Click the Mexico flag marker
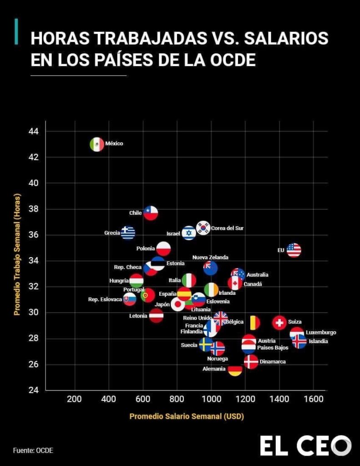pos(97,144)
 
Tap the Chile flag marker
pos(151,213)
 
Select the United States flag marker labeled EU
pos(294,250)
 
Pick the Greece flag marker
pos(128,233)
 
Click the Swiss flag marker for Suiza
pos(279,323)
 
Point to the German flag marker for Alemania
pos(235,370)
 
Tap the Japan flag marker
pos(177,304)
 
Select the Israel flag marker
pos(189,233)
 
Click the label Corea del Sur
pos(227,228)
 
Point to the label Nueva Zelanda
pos(210,258)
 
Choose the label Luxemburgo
pos(321,333)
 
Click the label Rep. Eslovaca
pos(105,299)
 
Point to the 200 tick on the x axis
pos(74,400)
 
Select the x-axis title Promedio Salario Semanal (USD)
pos(187,416)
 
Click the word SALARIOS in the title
pos(286,39)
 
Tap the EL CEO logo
pos(305,446)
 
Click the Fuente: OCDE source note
pos(33,451)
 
